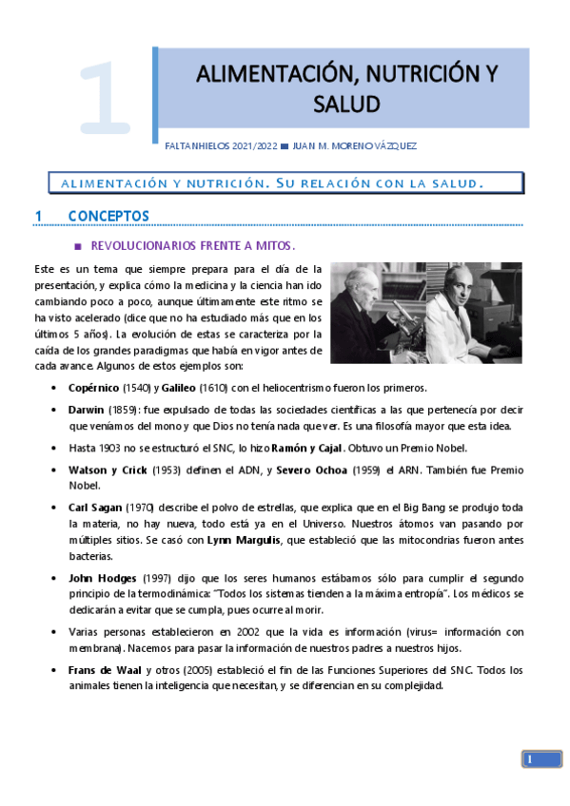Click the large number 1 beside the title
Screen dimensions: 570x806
tap(105, 97)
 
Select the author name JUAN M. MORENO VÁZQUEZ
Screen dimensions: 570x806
tap(356, 144)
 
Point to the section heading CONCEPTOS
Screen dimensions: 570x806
tap(108, 216)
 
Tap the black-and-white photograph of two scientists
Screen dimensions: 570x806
tap(425, 313)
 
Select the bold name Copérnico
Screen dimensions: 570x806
tap(94, 388)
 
